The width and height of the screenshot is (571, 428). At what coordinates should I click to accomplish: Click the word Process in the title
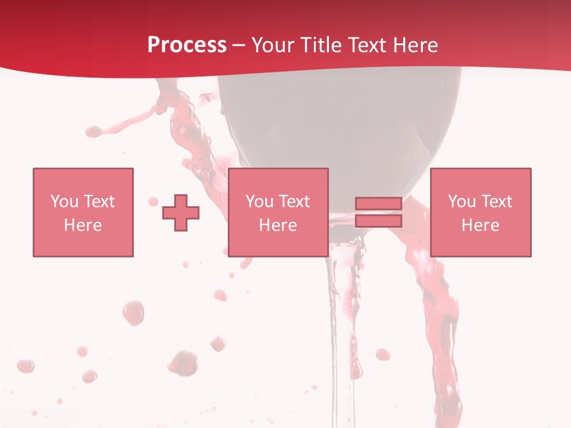tap(187, 45)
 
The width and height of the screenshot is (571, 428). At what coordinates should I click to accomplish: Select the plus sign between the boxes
tap(181, 212)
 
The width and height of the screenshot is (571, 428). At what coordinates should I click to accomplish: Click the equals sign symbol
tap(378, 212)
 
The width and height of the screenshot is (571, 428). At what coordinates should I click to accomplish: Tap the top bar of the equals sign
tap(378, 204)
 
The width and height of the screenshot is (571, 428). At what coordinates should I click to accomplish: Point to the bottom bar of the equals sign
tap(378, 221)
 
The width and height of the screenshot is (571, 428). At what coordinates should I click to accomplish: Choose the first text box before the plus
tap(83, 212)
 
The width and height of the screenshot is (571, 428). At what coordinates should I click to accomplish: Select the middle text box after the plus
tap(278, 212)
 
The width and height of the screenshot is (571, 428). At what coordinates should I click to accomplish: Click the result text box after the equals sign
tap(481, 212)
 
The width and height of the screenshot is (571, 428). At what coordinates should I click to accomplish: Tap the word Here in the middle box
tap(278, 225)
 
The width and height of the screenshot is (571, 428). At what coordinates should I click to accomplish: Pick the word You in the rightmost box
tap(462, 202)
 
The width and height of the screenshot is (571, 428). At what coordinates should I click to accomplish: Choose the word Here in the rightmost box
tap(481, 225)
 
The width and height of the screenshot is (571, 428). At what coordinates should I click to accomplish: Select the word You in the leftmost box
tap(65, 202)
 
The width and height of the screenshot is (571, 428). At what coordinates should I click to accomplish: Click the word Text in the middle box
tap(294, 202)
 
